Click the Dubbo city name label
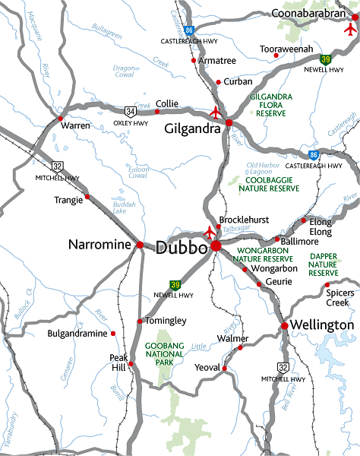(x=182, y=248)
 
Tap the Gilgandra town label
(x=193, y=128)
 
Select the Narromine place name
(x=100, y=245)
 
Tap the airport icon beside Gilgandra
(x=215, y=112)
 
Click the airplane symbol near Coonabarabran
(x=349, y=29)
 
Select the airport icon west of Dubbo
(x=210, y=232)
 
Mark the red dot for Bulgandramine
(x=113, y=333)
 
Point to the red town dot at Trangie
(x=87, y=197)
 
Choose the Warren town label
(x=75, y=125)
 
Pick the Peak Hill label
(x=118, y=362)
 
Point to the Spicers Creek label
(x=338, y=297)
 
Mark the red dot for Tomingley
(x=140, y=321)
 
